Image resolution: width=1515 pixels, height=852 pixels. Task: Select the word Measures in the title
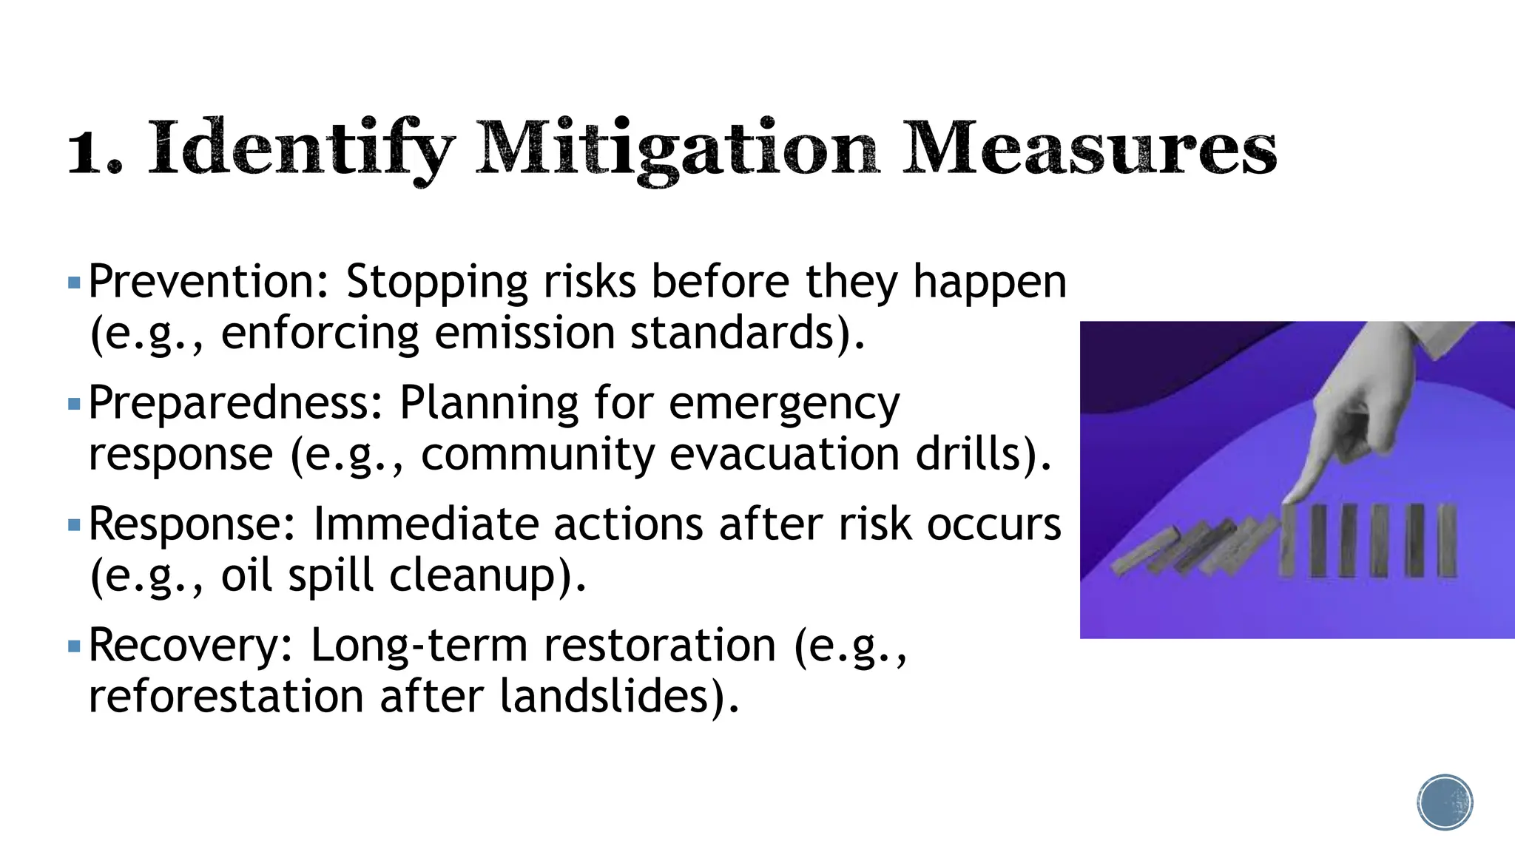1089,148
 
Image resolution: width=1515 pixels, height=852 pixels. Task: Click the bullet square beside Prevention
73,283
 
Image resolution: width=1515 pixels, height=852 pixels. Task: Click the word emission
524,334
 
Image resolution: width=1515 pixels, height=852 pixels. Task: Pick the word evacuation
783,454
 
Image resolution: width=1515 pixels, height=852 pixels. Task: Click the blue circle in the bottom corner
1445,802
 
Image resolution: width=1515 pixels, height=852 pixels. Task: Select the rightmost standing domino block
1447,541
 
